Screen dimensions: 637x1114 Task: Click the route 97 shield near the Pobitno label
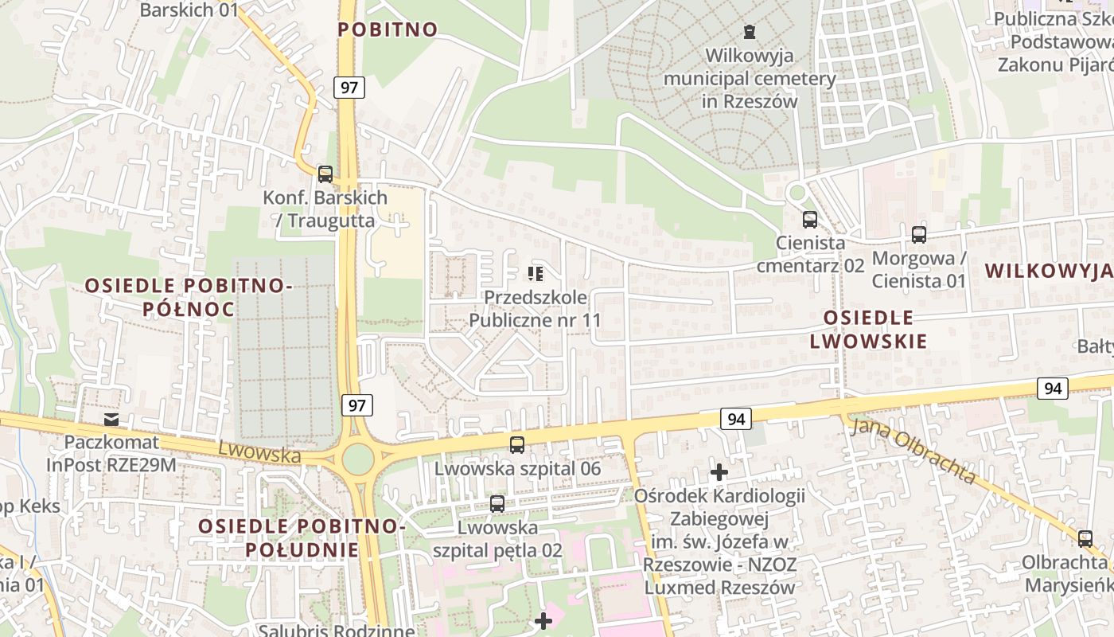click(349, 87)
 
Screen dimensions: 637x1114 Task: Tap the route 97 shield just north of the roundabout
click(357, 405)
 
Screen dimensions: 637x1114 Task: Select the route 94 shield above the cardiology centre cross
click(736, 418)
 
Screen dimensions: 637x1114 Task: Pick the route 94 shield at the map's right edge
click(1053, 389)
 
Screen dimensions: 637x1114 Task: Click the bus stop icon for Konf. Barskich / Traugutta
click(325, 174)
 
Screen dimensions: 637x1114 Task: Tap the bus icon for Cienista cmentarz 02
click(809, 220)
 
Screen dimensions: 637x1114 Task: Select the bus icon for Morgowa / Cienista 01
click(919, 235)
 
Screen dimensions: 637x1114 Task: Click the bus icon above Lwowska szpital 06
click(517, 445)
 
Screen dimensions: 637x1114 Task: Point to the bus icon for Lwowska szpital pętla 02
click(497, 503)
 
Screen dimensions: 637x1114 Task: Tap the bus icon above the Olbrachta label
click(1085, 538)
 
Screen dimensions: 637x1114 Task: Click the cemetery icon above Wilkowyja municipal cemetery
click(749, 32)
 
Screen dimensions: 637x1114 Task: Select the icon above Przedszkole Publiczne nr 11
click(535, 275)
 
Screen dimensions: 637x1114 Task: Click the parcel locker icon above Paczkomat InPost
click(111, 419)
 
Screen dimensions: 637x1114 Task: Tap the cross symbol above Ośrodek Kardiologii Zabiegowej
click(719, 472)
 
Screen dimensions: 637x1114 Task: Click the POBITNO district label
click(388, 29)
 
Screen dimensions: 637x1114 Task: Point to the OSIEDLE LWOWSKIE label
click(868, 330)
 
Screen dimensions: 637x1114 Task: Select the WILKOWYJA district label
click(1048, 271)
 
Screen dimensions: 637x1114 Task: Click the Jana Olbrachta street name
click(913, 451)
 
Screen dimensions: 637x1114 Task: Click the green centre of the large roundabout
click(358, 458)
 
